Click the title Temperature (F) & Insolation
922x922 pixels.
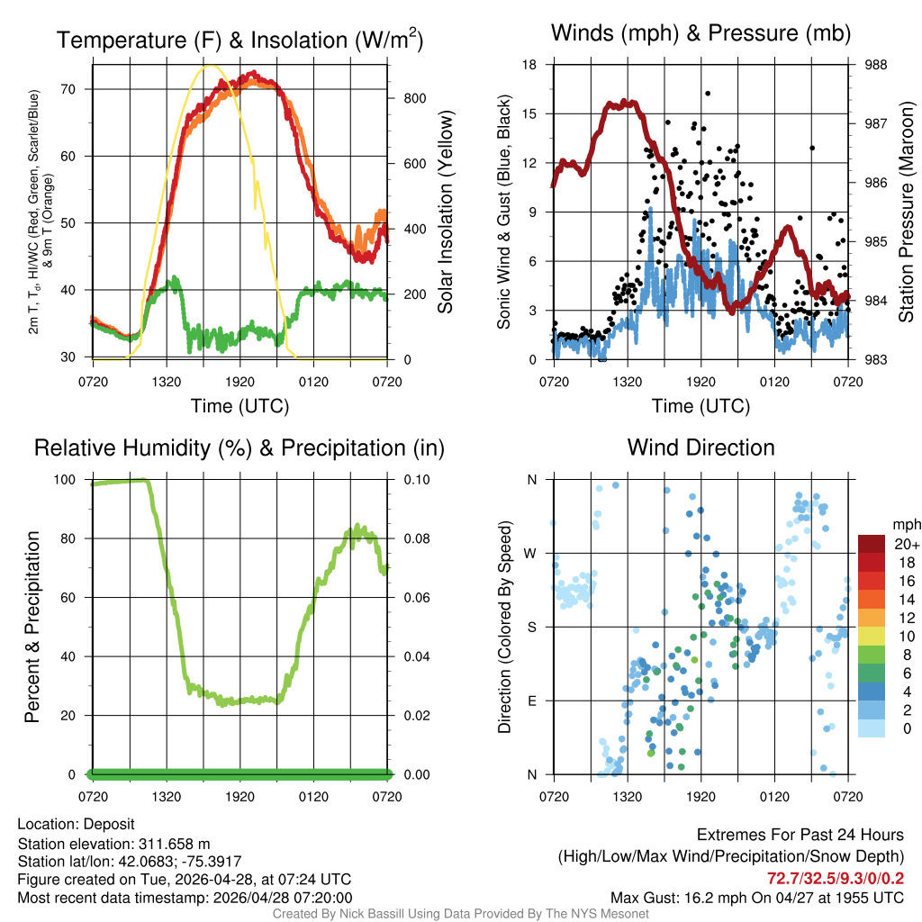(240, 41)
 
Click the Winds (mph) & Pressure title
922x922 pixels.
(701, 34)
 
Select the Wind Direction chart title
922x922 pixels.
(701, 447)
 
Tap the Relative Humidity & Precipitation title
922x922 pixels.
(240, 447)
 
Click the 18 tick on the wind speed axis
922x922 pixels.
(530, 65)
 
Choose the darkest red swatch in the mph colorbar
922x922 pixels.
(872, 544)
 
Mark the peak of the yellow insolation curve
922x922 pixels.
(211, 66)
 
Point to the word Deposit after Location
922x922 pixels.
(112, 824)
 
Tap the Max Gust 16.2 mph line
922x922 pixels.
(756, 897)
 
